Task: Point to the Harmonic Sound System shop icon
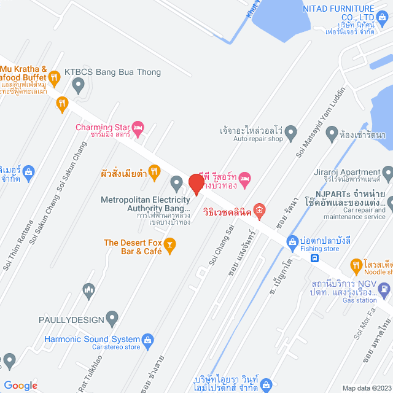147,339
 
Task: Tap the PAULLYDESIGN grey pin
112,318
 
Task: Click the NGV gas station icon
384,287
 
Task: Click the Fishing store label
322,249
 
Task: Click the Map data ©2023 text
365,388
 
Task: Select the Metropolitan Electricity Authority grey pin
176,181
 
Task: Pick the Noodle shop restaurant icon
356,266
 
